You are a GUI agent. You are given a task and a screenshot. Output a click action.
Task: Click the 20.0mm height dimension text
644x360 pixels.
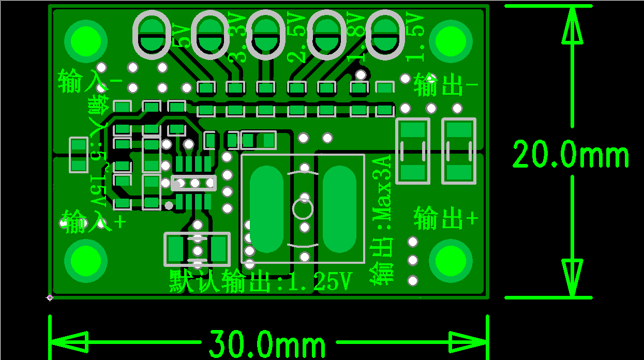[571, 155]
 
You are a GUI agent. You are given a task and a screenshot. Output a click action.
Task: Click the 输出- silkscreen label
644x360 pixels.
[445, 86]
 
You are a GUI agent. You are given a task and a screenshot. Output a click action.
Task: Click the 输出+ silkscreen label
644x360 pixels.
[446, 219]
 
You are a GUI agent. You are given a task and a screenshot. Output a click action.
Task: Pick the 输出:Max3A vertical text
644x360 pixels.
[383, 220]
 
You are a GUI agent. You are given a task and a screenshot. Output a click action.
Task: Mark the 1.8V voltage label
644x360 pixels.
[355, 37]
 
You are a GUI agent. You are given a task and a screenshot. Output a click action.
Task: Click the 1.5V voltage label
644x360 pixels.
[415, 37]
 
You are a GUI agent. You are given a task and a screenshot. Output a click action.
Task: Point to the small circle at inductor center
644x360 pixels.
[303, 209]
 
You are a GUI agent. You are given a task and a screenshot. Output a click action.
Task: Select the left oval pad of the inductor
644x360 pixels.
[267, 209]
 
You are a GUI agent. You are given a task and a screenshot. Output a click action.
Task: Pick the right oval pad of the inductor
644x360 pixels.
[339, 209]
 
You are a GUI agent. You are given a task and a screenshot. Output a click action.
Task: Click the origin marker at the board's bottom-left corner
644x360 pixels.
[50, 297]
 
